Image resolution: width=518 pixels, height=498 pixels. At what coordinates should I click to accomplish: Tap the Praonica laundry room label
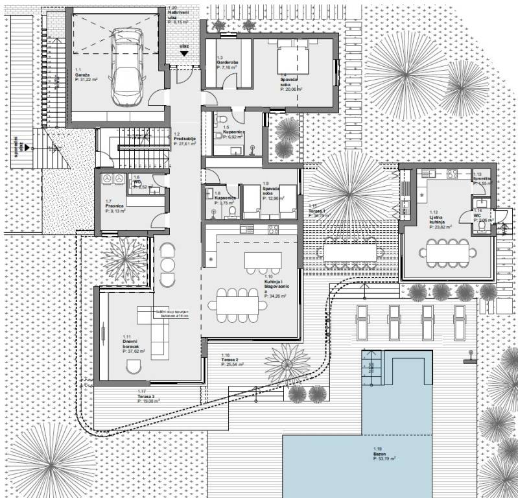[x=114, y=206]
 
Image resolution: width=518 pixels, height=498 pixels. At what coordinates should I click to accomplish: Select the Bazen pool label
[x=380, y=454]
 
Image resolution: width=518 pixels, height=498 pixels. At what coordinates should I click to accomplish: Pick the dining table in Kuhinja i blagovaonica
[x=239, y=304]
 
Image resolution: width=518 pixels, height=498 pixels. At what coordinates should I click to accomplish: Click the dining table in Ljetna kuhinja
[x=447, y=251]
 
